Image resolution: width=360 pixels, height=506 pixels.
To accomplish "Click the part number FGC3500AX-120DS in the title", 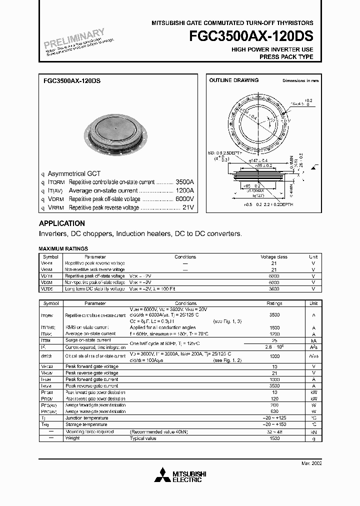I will pyautogui.click(x=251, y=36).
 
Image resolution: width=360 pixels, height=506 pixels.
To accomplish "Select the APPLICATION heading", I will pyautogui.click(x=62, y=223).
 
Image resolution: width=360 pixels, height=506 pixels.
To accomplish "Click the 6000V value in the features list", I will pyautogui.click(x=184, y=198).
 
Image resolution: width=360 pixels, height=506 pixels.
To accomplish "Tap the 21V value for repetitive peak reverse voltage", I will pyautogui.click(x=188, y=207).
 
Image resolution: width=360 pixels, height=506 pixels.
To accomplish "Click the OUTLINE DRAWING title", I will pyautogui.click(x=233, y=80).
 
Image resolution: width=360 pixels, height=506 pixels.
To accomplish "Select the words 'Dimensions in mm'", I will pyautogui.click(x=300, y=80).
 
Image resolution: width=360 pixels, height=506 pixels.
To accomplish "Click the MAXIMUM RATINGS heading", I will pyautogui.click(x=63, y=248).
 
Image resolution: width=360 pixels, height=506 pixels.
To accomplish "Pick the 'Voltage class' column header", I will pyautogui.click(x=274, y=257).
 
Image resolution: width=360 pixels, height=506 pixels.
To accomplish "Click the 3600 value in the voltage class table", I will pyautogui.click(x=274, y=289).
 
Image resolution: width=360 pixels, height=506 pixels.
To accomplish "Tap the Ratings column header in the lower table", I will pyautogui.click(x=274, y=303).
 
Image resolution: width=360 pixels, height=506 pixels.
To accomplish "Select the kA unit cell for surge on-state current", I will pyautogui.click(x=313, y=339).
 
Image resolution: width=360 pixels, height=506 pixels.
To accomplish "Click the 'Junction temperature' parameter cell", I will pyautogui.click(x=86, y=418).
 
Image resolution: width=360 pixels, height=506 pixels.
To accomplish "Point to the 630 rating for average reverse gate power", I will pyautogui.click(x=274, y=411).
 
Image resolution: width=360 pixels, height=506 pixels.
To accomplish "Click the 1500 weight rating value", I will pyautogui.click(x=274, y=438).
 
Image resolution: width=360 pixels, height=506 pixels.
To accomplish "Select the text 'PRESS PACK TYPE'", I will pyautogui.click(x=286, y=57).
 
